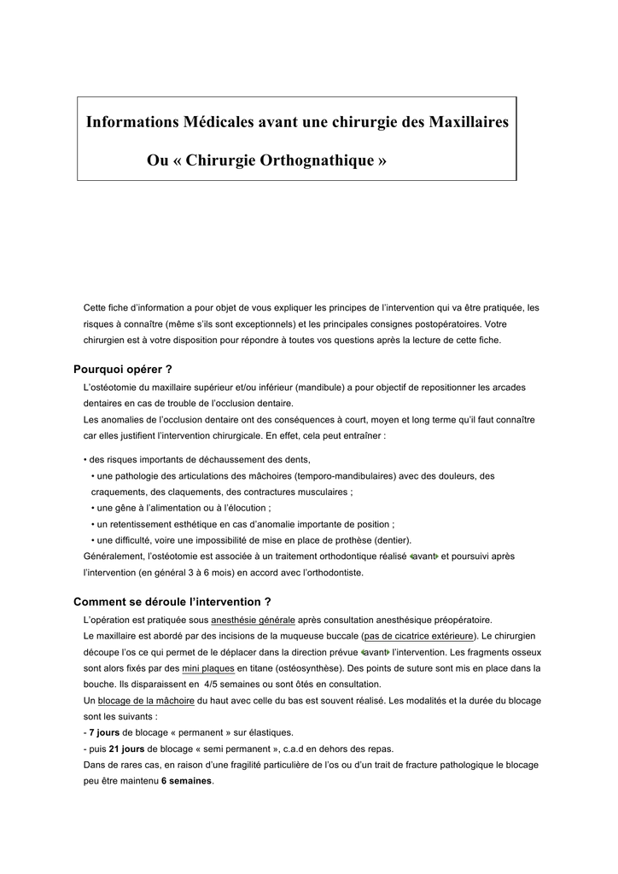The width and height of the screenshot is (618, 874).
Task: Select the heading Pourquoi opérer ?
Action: pos(123,370)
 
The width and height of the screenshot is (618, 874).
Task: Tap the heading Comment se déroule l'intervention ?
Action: pos(172,601)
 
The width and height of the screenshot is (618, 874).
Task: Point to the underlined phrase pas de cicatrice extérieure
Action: pos(418,636)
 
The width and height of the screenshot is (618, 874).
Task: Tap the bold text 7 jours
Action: pos(105,732)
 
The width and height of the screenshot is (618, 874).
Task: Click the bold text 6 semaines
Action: pos(187,781)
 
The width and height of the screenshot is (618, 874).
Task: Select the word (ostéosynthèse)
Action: pos(310,668)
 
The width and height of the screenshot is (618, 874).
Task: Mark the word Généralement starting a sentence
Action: pos(116,556)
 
